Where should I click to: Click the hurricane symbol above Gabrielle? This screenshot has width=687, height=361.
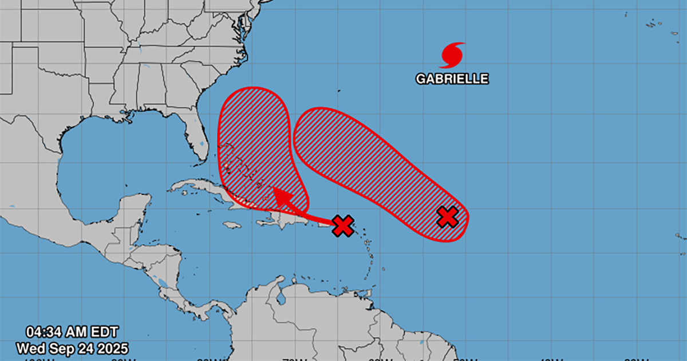[452, 55]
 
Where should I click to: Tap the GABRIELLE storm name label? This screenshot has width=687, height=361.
[452, 79]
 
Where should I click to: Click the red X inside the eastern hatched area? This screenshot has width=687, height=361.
[448, 217]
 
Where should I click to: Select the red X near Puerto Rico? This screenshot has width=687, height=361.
[343, 226]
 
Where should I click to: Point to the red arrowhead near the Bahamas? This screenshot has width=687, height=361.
[281, 197]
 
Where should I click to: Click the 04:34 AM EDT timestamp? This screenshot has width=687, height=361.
[72, 332]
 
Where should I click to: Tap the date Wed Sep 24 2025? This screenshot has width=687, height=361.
[72, 348]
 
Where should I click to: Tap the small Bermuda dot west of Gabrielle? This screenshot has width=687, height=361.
[339, 91]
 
